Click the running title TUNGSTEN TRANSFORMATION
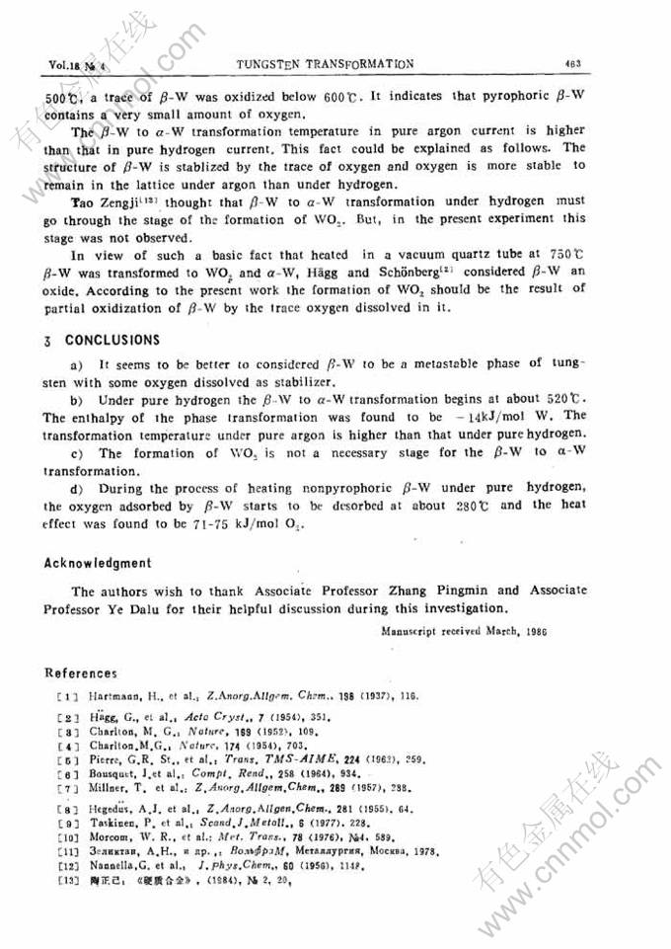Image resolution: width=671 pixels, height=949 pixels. click(x=326, y=64)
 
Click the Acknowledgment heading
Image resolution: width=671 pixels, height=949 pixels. click(x=99, y=563)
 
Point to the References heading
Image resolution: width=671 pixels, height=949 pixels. click(x=81, y=673)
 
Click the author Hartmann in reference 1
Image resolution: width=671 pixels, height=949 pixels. click(x=112, y=696)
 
